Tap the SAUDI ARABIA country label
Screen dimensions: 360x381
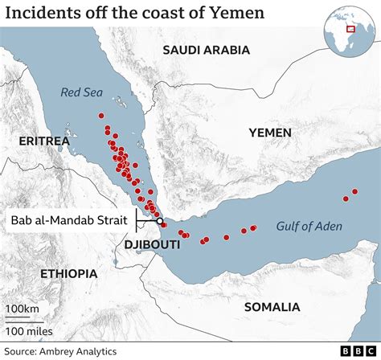click(x=206, y=50)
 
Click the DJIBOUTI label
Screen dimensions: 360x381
click(x=152, y=243)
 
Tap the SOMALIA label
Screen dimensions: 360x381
click(x=272, y=307)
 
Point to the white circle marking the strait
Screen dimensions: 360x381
click(x=159, y=221)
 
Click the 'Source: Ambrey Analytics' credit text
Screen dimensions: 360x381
click(x=60, y=351)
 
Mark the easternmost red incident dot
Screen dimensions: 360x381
click(x=355, y=191)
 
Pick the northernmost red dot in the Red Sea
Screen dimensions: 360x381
click(x=103, y=117)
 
